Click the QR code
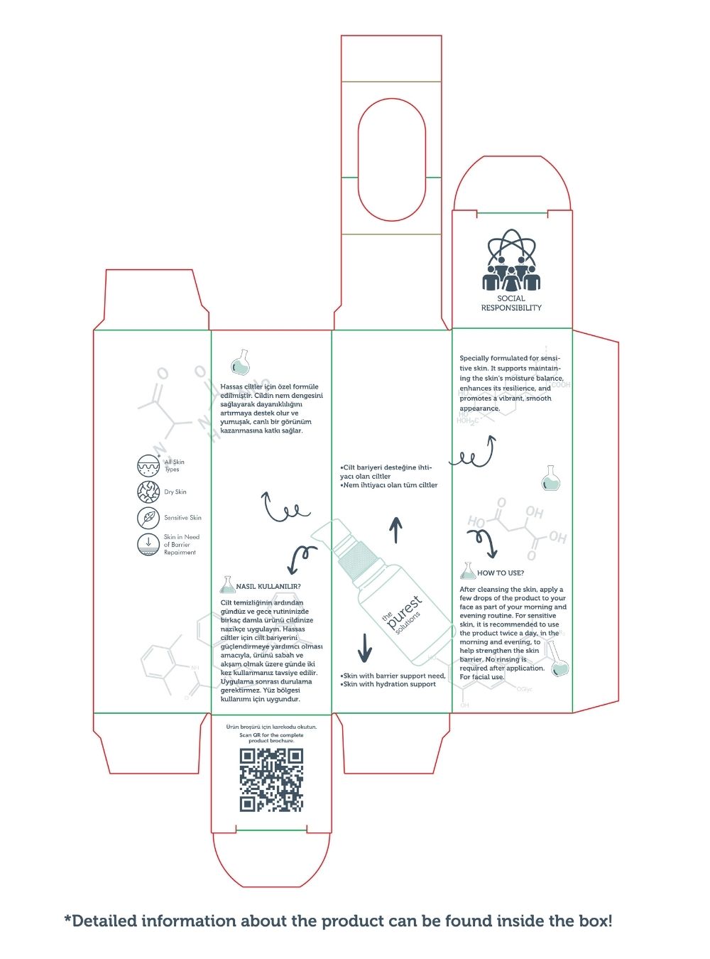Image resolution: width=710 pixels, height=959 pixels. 271,780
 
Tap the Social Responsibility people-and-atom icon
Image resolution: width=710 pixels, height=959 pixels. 511,261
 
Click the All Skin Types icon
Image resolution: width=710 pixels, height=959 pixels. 148,466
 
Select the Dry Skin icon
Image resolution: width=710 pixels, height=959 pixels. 148,492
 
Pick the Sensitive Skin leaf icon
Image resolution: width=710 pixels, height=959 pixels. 148,517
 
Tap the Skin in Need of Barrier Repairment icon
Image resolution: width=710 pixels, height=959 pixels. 148,544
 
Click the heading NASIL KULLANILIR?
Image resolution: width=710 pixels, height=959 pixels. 268,587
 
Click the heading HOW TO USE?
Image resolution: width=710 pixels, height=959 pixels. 501,573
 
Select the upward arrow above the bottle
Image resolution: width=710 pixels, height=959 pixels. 396,530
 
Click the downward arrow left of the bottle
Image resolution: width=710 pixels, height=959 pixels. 365,646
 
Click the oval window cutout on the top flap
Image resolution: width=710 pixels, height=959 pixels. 391,159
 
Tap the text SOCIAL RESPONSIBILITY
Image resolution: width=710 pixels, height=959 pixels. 511,303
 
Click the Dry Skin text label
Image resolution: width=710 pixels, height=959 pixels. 175,492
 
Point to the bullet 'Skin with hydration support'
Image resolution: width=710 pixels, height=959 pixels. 389,684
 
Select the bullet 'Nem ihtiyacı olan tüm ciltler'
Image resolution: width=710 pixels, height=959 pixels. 390,485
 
